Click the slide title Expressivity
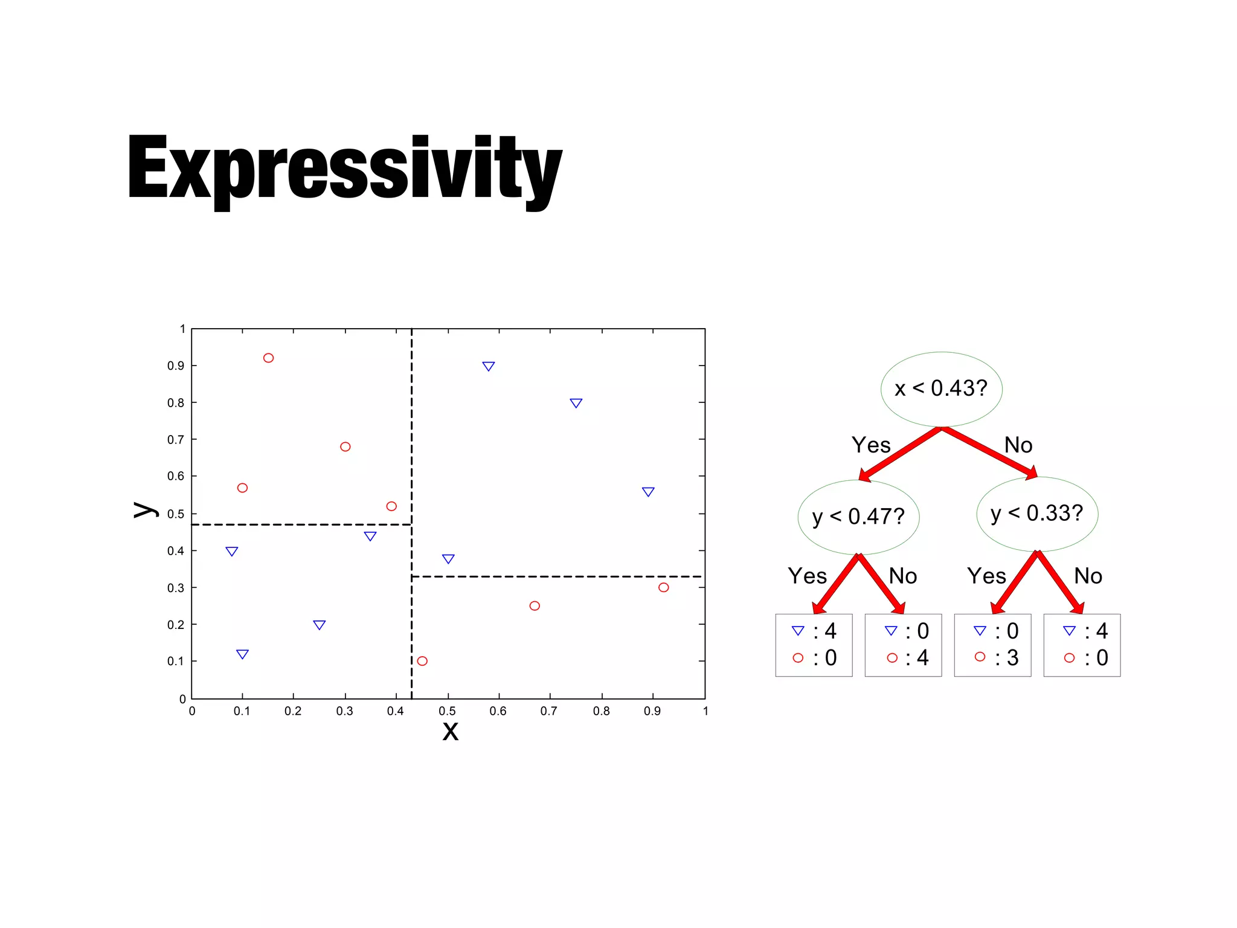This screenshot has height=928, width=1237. click(x=344, y=169)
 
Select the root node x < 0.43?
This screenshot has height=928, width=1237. click(x=941, y=388)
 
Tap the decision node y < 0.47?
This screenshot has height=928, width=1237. click(x=858, y=517)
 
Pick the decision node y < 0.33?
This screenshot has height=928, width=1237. click(x=1037, y=514)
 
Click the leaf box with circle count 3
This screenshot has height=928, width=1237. click(x=992, y=645)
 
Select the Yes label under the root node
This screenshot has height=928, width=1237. click(x=871, y=445)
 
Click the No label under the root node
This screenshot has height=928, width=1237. click(x=1018, y=445)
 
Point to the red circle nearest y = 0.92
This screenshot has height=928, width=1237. click(x=269, y=358)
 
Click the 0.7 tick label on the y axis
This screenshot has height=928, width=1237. click(x=176, y=440)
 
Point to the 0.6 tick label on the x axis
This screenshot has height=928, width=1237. click(x=498, y=711)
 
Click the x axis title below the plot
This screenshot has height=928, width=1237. click(x=451, y=731)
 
